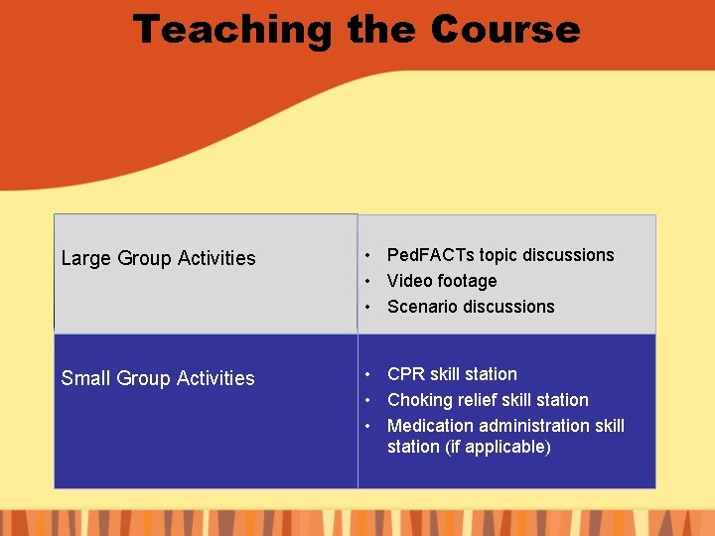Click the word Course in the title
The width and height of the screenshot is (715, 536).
(x=504, y=29)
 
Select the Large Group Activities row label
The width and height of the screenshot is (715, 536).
(x=158, y=258)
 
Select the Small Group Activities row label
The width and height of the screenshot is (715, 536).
(x=158, y=378)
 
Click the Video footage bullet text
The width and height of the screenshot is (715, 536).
(x=442, y=281)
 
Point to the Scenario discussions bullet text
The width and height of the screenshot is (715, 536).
(x=471, y=307)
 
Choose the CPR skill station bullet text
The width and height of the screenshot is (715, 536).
(x=452, y=374)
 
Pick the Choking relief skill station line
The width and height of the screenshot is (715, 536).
(x=488, y=400)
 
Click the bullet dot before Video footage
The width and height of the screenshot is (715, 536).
(x=367, y=281)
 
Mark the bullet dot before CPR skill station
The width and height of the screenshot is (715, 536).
(x=367, y=374)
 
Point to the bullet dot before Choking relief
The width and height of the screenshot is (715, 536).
(x=367, y=400)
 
